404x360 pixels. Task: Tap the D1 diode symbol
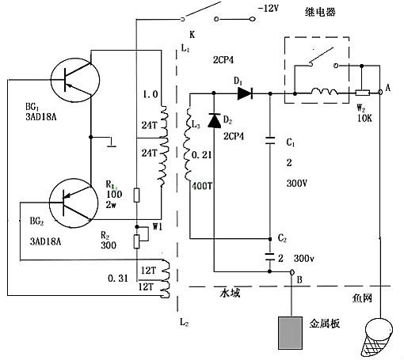click(x=244, y=93)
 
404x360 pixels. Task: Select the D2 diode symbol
click(x=213, y=121)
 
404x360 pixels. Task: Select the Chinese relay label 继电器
click(x=320, y=11)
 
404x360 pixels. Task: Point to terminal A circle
click(x=381, y=93)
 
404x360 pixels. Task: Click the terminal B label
click(x=298, y=279)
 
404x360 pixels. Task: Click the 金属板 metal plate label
click(x=323, y=324)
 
